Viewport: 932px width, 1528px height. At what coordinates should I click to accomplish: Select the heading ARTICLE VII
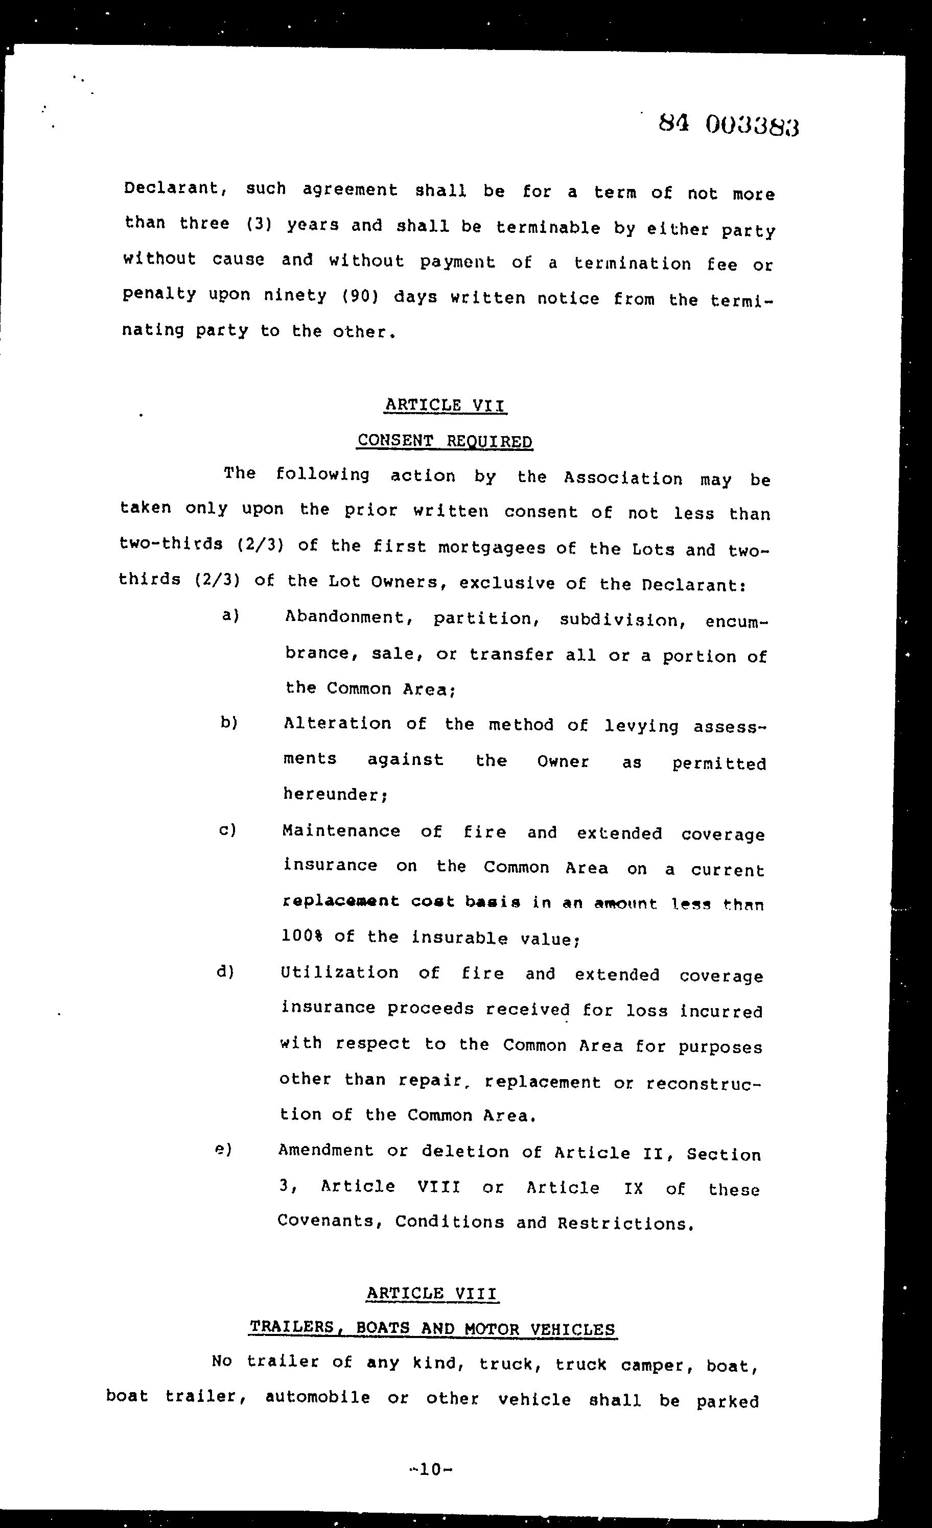[446, 405]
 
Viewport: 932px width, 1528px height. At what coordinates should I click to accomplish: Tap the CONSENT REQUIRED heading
[444, 441]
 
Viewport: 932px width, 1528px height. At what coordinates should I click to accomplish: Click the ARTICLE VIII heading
[431, 1293]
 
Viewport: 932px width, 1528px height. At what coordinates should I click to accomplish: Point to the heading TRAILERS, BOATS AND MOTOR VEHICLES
[432, 1328]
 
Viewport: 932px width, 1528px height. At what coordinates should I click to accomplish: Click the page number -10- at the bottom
[431, 1469]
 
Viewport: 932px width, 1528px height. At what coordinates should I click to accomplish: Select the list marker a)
[230, 616]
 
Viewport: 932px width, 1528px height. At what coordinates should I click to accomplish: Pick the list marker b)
[229, 723]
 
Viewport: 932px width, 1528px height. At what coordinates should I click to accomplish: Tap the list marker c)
[228, 829]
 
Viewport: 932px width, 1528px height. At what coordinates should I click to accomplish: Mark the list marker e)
[223, 1149]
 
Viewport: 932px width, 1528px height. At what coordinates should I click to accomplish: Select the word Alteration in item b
[337, 724]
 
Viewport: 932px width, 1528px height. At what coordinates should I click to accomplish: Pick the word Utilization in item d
[339, 972]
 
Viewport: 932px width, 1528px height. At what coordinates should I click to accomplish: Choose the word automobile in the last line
[317, 1398]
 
